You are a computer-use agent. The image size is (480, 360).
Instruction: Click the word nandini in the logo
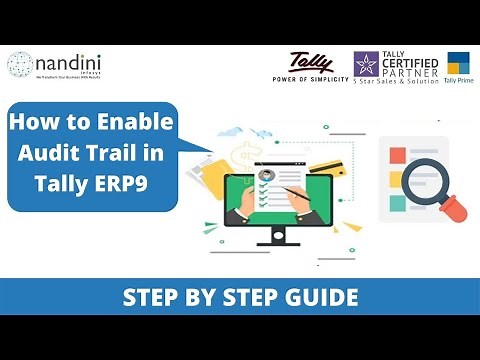coord(70,61)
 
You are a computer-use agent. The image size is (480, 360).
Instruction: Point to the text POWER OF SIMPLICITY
coord(310,78)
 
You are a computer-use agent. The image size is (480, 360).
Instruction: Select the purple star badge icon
coord(366,64)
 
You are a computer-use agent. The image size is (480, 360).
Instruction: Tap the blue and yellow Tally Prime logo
coord(460,64)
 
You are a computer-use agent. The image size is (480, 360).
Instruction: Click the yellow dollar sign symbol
coord(240,156)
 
